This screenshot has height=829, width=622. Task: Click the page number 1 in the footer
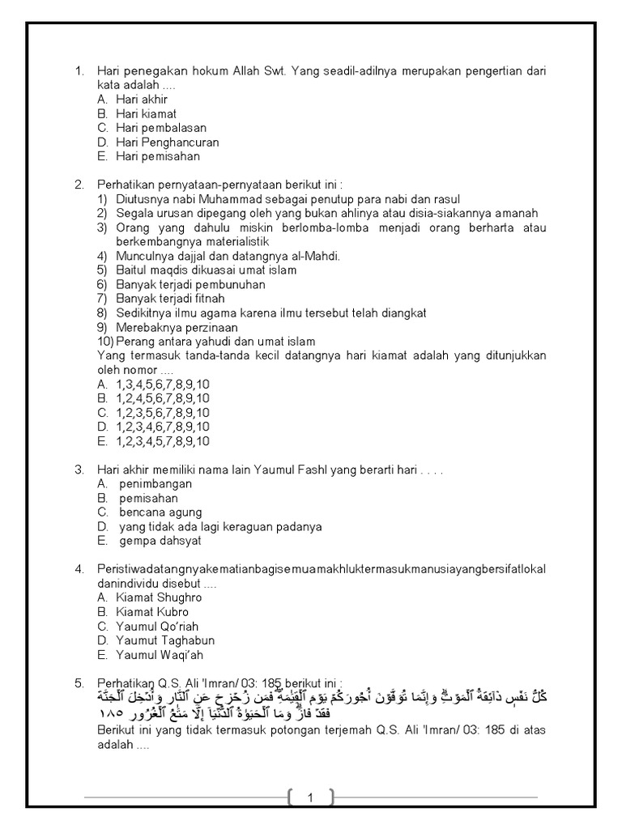click(310, 798)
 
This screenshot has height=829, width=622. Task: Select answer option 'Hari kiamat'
click(146, 113)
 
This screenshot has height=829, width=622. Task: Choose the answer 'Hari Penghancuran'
click(167, 142)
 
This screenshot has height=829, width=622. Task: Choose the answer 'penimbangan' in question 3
click(155, 484)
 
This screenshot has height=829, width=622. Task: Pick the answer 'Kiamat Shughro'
click(159, 597)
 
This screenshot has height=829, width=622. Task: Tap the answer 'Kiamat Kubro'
click(152, 612)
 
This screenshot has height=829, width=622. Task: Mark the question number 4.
click(79, 569)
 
